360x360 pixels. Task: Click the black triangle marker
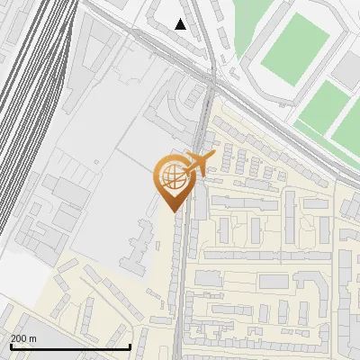[x=181, y=24]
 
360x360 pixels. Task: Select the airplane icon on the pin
[x=200, y=164]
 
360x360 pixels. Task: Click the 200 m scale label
[x=24, y=338]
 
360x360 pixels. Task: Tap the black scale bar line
[x=70, y=346]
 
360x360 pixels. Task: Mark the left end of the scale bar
[x=10, y=346]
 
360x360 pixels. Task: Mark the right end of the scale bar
[x=130, y=346]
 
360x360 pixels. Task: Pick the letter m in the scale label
[x=33, y=338]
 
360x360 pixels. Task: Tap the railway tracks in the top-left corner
[x=27, y=54]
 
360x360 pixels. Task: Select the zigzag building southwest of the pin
[x=135, y=247]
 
